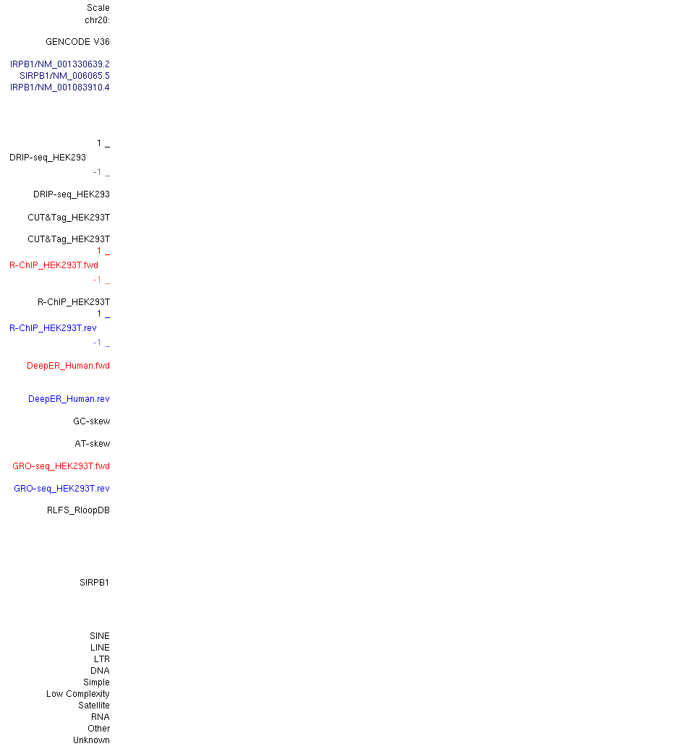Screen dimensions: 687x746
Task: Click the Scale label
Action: point(98,8)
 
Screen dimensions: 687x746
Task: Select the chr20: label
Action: point(97,20)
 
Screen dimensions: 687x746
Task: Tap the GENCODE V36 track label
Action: point(77,42)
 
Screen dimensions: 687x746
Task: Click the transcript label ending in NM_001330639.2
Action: point(60,64)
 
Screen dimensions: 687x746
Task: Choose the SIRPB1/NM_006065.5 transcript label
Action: point(65,76)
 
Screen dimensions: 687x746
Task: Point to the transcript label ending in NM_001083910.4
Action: point(60,87)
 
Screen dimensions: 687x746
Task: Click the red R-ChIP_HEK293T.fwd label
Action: point(54,265)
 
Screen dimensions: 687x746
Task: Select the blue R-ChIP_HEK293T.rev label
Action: point(53,328)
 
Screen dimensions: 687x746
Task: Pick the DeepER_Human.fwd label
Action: point(68,366)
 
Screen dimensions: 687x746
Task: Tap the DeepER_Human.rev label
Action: point(69,399)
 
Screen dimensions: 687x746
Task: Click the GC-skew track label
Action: point(91,421)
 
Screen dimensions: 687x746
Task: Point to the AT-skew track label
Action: point(93,444)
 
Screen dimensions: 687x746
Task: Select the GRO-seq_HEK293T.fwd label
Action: point(61,466)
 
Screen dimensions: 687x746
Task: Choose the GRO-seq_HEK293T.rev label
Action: point(61,489)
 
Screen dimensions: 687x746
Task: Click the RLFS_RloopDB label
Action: point(78,510)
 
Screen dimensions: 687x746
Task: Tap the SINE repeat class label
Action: point(100,636)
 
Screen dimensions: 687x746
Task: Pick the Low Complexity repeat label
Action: point(77,694)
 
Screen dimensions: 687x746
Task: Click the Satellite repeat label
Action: point(94,706)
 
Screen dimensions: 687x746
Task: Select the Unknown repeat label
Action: point(91,740)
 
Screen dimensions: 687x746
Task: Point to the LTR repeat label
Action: point(102,659)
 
